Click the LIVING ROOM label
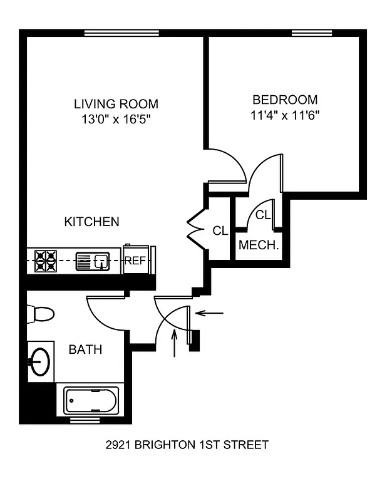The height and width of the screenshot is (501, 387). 116,104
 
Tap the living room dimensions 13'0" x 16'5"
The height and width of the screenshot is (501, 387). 116,119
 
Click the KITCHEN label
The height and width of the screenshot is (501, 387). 92,222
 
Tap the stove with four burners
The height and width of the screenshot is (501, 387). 45,260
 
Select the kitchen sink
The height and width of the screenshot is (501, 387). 93,260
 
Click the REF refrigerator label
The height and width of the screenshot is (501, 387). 135,261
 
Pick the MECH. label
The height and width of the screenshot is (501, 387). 259,245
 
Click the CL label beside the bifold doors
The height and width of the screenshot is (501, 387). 220,231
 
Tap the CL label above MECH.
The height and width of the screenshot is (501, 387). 263,215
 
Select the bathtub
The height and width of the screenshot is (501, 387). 91,399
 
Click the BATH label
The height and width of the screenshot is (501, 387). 85,349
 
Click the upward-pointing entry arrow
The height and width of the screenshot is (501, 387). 174,344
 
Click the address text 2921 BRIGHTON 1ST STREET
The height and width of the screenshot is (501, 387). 187,445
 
